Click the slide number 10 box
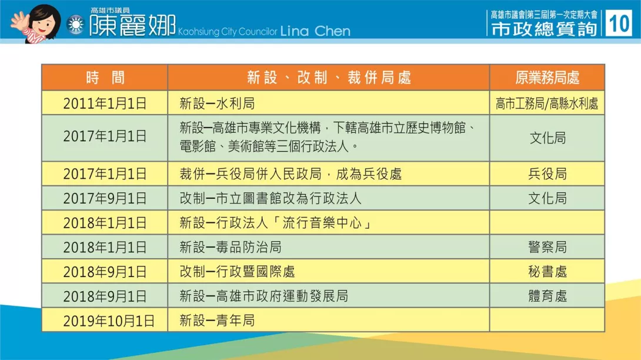coord(619,24)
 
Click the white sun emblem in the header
coord(76,25)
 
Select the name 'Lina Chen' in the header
coord(315,31)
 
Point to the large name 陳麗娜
coord(133,25)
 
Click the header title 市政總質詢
coord(544,29)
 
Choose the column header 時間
coord(105,77)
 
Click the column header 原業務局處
coord(547,77)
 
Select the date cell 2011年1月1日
coord(105,103)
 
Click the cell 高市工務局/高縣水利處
coord(547,104)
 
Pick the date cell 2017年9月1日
coord(105,198)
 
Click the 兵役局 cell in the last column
coord(547,174)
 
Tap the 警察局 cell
coord(547,247)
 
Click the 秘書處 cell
coord(547,272)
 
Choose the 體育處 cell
coord(547,296)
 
